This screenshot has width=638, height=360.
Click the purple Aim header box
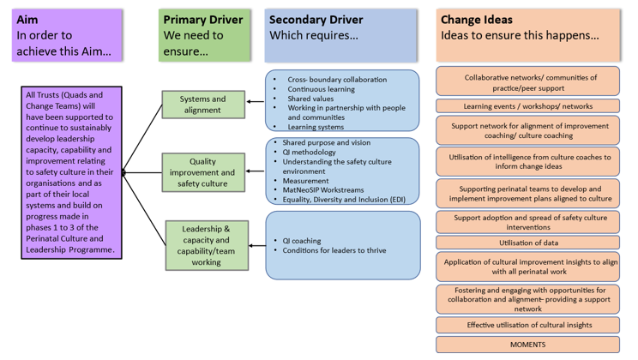pos(68,35)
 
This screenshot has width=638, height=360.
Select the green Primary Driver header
pos(205,35)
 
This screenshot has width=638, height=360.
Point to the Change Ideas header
pos(527,35)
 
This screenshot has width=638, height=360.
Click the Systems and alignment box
pos(203,105)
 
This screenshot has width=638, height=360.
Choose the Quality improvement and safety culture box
pos(203,171)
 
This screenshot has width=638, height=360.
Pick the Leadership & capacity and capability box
pos(207,245)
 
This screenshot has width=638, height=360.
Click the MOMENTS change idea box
pos(527,345)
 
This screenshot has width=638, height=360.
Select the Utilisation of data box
pos(527,243)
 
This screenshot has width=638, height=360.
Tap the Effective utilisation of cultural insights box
pos(527,325)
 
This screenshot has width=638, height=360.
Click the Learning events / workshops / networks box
pos(527,106)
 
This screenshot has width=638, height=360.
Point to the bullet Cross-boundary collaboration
pos(337,80)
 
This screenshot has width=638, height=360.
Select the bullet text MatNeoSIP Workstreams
pos(323,190)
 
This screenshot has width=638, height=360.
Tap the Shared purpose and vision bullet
pos(326,143)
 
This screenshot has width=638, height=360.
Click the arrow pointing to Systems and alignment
pos(256,102)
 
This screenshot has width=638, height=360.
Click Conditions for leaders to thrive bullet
pos(334,251)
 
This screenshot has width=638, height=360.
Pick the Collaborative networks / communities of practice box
pos(527,82)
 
